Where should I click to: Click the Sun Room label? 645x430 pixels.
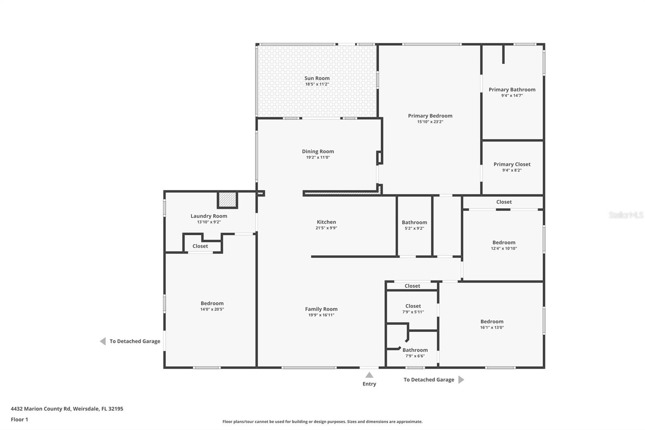coord(317,78)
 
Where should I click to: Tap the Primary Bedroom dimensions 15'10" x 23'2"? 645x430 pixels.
coord(430,122)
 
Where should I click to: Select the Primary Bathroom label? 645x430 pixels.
coord(512,90)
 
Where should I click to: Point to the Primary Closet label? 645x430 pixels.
coord(512,164)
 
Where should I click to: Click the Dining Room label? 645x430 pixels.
coord(318,151)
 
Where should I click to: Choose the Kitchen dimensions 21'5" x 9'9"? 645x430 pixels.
coord(326,228)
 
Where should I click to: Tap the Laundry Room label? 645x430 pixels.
coord(209,216)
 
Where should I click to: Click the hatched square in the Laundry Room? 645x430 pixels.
coord(227,199)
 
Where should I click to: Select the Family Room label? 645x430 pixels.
coord(321,309)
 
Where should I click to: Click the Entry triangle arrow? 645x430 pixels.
coord(369,375)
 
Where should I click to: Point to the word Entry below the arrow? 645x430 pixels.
coord(369,384)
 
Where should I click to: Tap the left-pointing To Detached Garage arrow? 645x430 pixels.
coord(103,341)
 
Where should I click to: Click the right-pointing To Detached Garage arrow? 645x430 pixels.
coord(461,380)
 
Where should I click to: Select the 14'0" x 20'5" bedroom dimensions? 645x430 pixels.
coord(212,309)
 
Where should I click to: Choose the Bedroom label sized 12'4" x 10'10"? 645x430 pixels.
coord(504,242)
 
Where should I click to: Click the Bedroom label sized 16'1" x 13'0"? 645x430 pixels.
coord(492,321)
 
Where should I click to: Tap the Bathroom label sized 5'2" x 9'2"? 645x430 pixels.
coord(414,222)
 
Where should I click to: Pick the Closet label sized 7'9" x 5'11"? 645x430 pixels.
coord(413,306)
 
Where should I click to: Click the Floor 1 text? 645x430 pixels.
coord(19,420)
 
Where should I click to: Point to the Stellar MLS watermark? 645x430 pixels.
coord(626,215)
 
